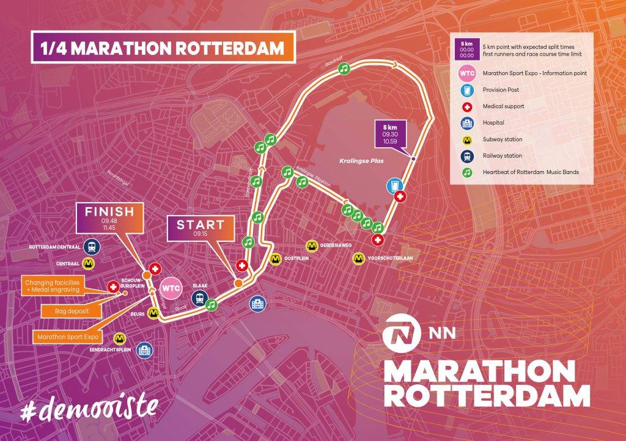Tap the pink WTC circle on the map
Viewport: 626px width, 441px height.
pyautogui.click(x=171, y=287)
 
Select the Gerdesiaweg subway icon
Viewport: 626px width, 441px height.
pyautogui.click(x=312, y=246)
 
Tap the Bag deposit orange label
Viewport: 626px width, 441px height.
pyautogui.click(x=70, y=311)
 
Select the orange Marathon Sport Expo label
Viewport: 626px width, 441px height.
pyautogui.click(x=67, y=336)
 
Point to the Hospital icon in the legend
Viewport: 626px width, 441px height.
pyautogui.click(x=466, y=122)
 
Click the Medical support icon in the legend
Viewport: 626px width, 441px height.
pyautogui.click(x=466, y=106)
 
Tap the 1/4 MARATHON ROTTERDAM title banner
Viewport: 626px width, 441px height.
pyautogui.click(x=163, y=48)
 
